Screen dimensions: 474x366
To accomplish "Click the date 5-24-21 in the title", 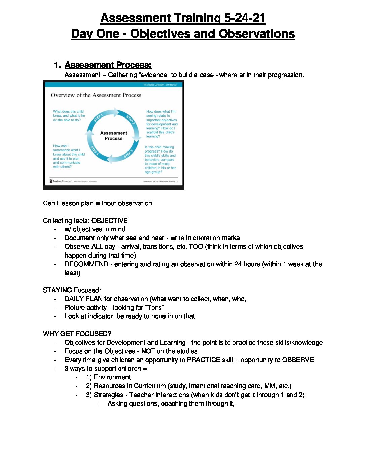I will [245, 18].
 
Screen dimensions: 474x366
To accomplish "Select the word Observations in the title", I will [257, 34].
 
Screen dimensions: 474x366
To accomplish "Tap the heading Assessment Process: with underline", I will [108, 65].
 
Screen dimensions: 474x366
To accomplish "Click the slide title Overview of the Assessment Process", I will [96, 95].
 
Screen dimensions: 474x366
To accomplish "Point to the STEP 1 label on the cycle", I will [98, 118].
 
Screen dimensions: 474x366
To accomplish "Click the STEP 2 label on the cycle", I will [130, 119].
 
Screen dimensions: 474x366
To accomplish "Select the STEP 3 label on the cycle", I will [129, 154].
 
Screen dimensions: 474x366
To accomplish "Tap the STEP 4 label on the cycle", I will [95, 151].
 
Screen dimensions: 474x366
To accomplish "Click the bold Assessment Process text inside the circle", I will [114, 136].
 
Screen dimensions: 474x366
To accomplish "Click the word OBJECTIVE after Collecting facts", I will [109, 221].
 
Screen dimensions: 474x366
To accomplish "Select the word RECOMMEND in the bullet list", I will [86, 264].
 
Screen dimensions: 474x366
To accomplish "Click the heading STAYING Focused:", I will [72, 290].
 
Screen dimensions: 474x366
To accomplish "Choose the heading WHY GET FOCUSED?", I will [77, 334].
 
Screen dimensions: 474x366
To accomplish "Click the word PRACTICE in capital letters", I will [204, 360].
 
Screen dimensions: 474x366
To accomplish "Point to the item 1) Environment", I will [108, 377].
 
